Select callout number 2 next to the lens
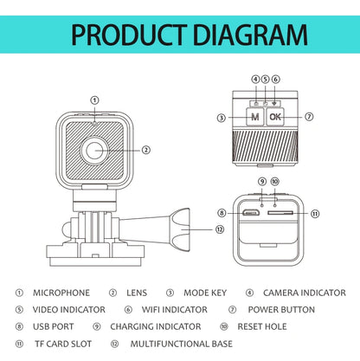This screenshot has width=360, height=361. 146,150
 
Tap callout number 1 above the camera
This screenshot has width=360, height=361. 94,100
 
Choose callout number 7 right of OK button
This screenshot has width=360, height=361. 309,116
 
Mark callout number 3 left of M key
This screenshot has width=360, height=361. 222,117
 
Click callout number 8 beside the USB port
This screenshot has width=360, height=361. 222,213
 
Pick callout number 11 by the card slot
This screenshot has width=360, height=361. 314,213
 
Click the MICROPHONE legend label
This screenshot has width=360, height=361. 61,293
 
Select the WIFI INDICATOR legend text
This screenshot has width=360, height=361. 174,309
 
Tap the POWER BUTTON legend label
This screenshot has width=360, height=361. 281,309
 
